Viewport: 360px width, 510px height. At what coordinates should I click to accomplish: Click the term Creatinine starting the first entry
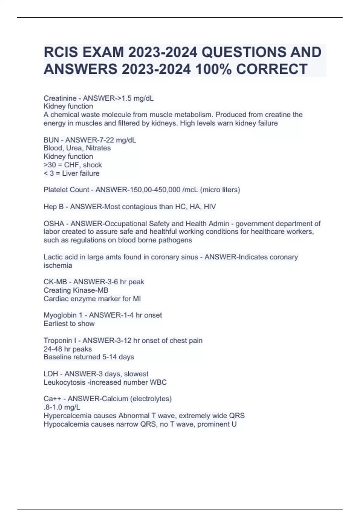[x=60, y=98]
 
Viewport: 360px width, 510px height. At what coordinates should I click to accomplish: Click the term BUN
[x=51, y=140]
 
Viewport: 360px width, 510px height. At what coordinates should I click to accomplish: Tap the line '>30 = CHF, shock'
[x=73, y=165]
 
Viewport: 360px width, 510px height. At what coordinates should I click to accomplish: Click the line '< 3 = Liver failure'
[x=71, y=173]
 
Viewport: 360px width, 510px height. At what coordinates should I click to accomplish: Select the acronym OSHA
[x=54, y=223]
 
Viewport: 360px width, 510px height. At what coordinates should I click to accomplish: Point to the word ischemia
[x=58, y=265]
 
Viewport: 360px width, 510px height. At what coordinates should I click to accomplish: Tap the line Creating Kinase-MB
[x=76, y=290]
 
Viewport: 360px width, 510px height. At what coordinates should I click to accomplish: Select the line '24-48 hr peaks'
[x=68, y=349]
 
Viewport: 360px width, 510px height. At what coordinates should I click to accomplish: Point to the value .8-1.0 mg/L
[x=62, y=407]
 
